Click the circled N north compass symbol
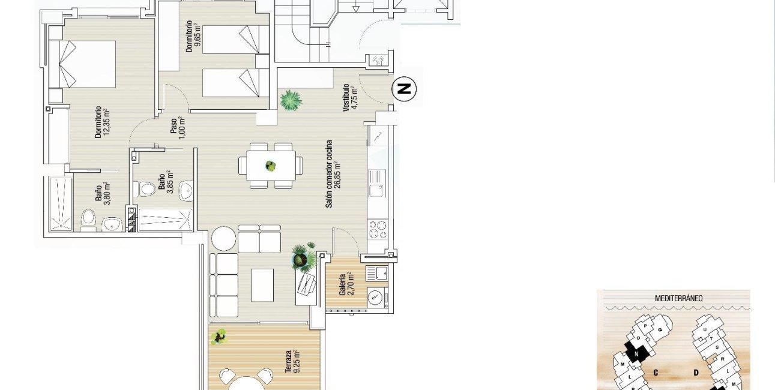(x=404, y=89)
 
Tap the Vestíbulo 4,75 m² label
(x=350, y=96)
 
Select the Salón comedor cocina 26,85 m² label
(x=333, y=174)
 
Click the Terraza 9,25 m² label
(x=292, y=362)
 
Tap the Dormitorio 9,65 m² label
(x=192, y=37)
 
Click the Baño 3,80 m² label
(x=101, y=193)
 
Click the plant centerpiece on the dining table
(x=271, y=166)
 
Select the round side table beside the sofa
(x=223, y=238)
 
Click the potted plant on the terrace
(x=220, y=337)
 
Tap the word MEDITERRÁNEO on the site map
(x=679, y=298)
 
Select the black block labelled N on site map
(x=636, y=352)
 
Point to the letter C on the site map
(x=656, y=373)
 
